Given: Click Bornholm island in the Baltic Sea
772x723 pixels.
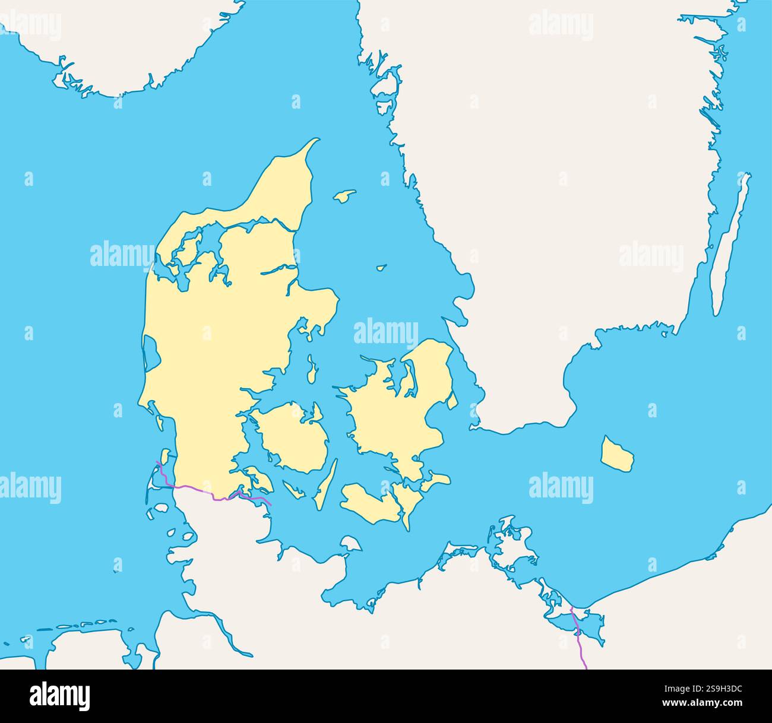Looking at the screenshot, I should (616, 455).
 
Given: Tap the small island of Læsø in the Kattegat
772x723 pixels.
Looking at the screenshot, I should (344, 196).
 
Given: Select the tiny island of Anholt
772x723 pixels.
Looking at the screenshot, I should (381, 268).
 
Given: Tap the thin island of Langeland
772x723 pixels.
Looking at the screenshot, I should (326, 484).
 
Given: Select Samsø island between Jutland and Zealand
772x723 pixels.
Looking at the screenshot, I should (312, 370).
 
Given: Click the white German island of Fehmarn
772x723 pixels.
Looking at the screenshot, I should (351, 543).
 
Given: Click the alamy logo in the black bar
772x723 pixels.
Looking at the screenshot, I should (59, 696).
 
